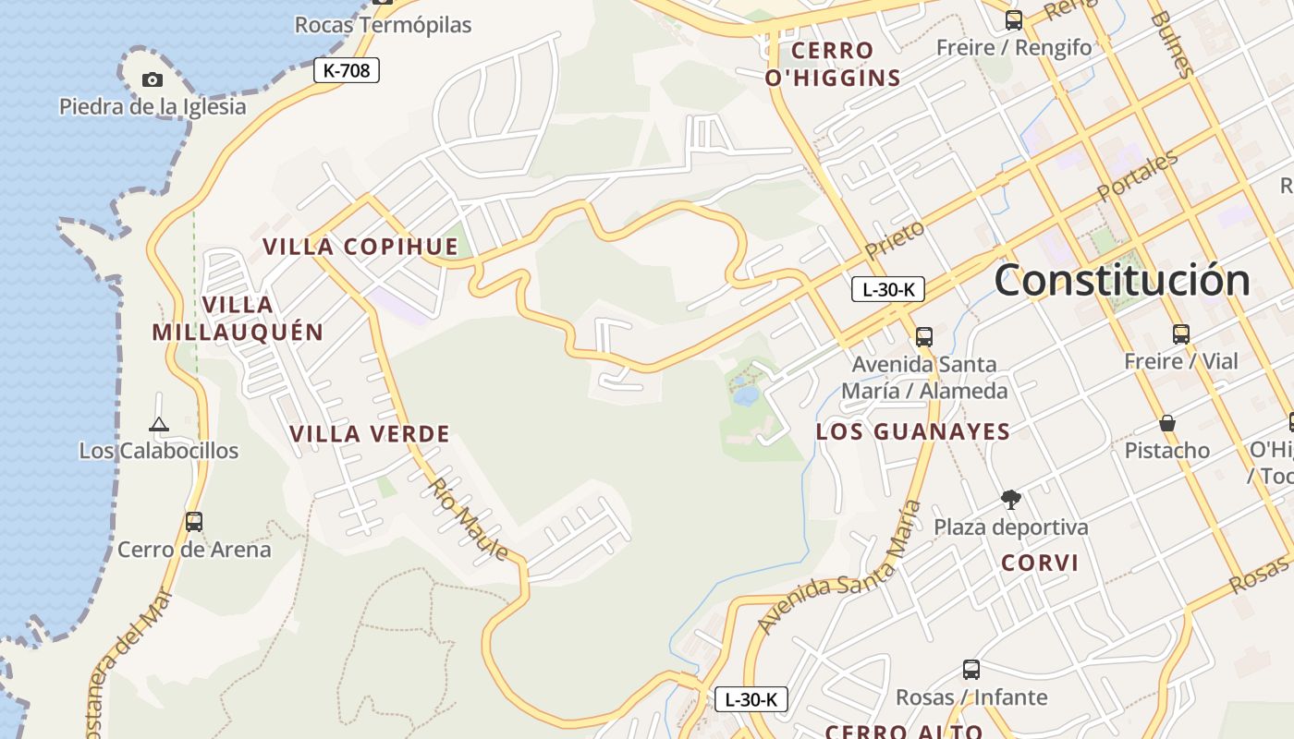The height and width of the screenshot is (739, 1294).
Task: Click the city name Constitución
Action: (1122, 280)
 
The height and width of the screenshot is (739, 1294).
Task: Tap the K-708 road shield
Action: (347, 70)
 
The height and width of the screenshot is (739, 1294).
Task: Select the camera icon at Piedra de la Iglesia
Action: (153, 80)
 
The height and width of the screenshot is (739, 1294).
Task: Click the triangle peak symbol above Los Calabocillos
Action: (159, 425)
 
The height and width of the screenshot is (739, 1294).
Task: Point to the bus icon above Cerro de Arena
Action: (194, 522)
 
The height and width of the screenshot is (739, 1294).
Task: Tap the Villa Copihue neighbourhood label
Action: (360, 247)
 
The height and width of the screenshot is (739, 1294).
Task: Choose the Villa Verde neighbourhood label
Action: (369, 433)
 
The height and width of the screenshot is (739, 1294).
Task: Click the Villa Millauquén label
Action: (238, 319)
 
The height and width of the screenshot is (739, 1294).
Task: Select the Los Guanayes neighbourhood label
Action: (913, 431)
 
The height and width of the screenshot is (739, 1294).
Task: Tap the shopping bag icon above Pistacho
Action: (1167, 424)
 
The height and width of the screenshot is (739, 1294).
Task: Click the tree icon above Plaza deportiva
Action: (1010, 500)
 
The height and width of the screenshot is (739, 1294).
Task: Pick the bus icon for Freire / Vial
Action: (1180, 334)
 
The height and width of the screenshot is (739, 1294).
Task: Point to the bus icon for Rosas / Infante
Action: (970, 670)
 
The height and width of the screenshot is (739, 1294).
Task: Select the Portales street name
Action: (1138, 176)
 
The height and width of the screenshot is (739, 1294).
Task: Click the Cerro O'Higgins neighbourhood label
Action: (833, 64)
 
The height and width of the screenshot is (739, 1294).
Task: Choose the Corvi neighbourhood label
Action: (1040, 563)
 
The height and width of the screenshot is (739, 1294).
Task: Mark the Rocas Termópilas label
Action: (383, 25)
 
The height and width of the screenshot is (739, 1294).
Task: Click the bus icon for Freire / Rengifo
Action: (1014, 20)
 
